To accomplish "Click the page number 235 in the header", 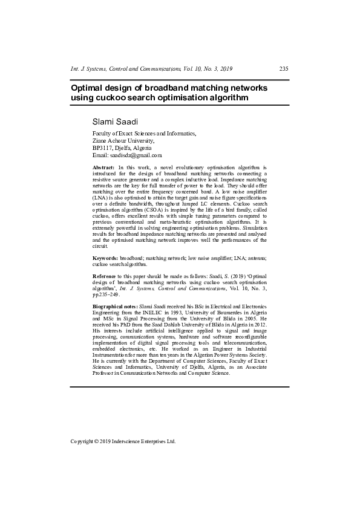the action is click(283, 69).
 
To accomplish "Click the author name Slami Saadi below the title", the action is click(116, 122).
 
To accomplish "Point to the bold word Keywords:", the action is click(105, 258).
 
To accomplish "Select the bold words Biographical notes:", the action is click(115, 307).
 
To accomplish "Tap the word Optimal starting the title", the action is click(89, 87).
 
